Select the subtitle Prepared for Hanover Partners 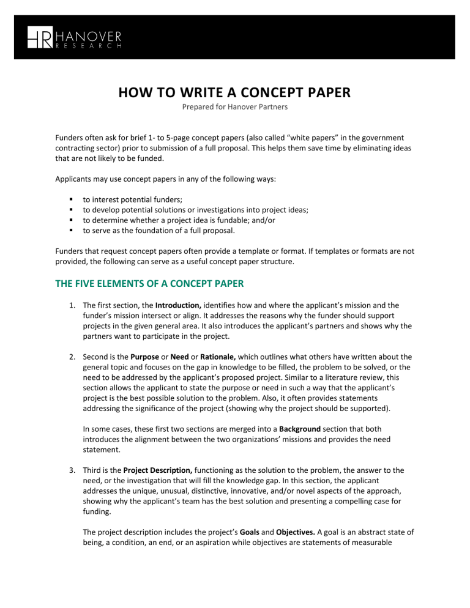pyautogui.click(x=235, y=110)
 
